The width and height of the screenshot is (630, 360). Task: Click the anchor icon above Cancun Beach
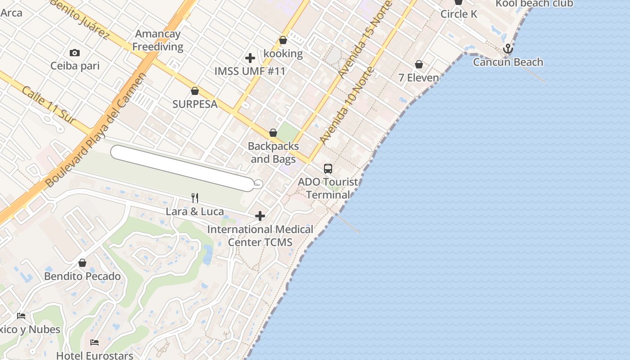coord(508,49)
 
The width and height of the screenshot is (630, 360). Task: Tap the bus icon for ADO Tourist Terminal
coord(328,169)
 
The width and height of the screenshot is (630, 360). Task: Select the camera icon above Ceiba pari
coord(75,53)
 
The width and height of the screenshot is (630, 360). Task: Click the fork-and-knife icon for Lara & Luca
coord(195,198)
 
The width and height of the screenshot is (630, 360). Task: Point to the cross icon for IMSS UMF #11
coord(250,58)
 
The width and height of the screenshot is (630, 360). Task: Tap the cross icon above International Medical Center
coord(260,216)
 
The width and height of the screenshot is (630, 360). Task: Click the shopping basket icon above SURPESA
coord(195,91)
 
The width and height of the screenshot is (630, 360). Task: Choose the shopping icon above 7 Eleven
coord(419,65)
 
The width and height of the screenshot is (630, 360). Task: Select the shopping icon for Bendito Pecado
coord(82,263)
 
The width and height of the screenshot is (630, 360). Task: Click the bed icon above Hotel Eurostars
coord(94,342)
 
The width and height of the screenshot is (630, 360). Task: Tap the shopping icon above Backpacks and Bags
coord(273,133)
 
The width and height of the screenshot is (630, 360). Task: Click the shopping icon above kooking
coord(283,40)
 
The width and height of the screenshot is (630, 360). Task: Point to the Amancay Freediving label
coord(157,40)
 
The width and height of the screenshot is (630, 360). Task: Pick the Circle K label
coord(459,14)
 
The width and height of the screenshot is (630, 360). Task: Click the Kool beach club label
coord(534,4)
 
